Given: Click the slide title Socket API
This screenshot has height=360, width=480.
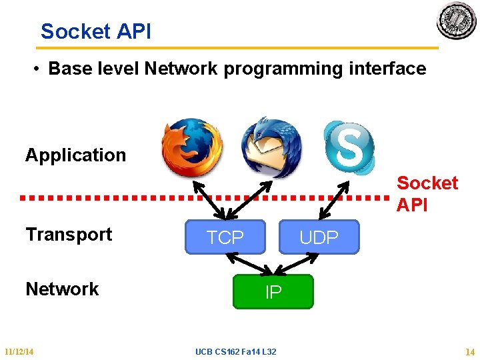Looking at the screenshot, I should [x=96, y=31].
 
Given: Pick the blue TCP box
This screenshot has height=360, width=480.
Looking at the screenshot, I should [x=225, y=237].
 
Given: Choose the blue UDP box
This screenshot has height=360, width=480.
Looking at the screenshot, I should [x=319, y=237].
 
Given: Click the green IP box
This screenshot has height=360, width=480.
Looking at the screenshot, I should [x=273, y=292].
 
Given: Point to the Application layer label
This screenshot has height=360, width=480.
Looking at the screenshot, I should [x=75, y=155].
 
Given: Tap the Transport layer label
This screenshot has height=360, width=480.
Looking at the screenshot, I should [x=69, y=235].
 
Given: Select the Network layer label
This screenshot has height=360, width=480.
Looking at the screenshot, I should [x=62, y=289].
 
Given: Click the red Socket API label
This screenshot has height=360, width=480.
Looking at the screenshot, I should [x=427, y=193].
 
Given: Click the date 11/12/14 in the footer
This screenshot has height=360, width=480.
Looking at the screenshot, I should [x=19, y=351].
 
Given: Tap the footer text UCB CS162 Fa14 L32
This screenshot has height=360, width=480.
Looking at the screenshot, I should [x=236, y=351].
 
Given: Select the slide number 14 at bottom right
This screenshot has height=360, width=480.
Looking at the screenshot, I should [x=470, y=351].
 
